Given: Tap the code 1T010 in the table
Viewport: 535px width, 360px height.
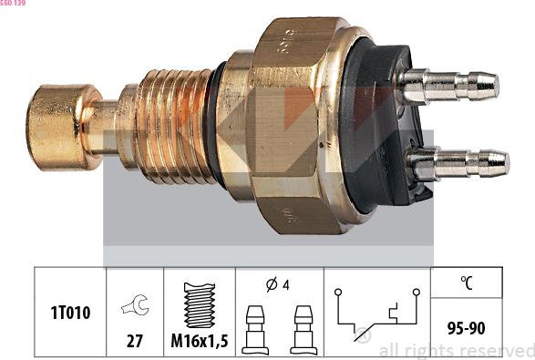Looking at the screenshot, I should (69, 312).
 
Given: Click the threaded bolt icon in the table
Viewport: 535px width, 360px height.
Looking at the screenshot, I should (199, 305).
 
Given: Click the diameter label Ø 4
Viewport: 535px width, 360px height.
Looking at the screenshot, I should (278, 283).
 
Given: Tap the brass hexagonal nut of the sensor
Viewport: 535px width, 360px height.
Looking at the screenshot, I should (292, 128).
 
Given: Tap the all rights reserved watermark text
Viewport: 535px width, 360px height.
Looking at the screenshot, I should (456, 350).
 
